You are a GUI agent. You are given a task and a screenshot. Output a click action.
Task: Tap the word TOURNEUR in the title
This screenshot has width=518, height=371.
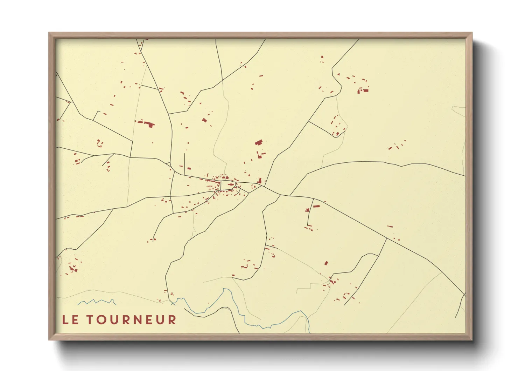point(132,320)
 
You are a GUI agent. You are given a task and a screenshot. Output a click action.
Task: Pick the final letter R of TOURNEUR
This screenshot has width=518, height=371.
point(172,320)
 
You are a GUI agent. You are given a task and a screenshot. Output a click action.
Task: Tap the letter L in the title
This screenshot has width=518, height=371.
point(65,320)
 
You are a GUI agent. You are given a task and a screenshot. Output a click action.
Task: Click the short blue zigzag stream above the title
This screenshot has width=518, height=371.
point(97,302)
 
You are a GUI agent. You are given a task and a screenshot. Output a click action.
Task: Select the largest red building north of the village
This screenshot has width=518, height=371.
point(259,142)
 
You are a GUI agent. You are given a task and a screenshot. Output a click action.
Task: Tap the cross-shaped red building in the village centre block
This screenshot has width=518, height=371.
point(231,184)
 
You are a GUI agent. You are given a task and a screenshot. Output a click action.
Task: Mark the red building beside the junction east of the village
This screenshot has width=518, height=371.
point(260,181)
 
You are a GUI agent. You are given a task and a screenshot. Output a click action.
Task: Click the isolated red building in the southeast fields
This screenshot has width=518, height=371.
point(326,263)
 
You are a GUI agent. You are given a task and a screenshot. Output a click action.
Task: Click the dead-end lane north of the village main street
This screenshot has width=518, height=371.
point(184,163)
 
